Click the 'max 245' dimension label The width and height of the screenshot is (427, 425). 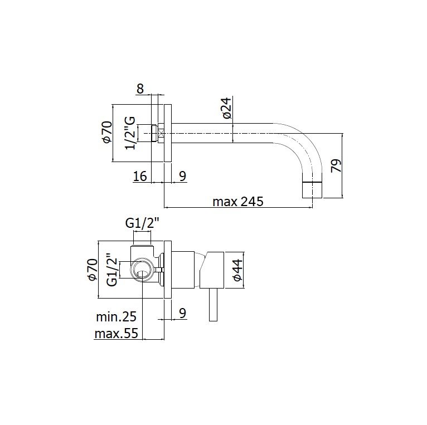tap(237, 202)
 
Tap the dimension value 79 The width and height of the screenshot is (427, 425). tap(336, 165)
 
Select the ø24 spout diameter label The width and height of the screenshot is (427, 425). tap(226, 108)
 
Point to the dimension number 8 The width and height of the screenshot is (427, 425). tap(140, 89)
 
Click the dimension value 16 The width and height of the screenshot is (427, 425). tap(140, 176)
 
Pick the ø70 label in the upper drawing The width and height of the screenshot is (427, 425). tap(106, 132)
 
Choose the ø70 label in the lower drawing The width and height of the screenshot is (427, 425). tap(92, 270)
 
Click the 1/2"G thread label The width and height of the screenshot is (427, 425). tap(130, 133)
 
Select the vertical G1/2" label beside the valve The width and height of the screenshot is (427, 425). tap(112, 270)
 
